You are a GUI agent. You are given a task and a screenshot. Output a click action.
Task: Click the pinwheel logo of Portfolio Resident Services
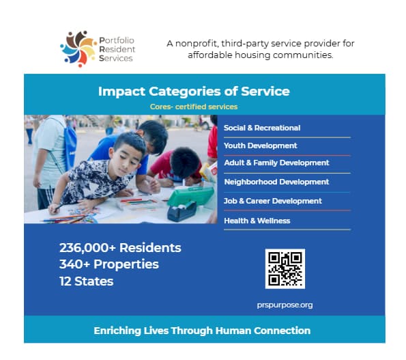[x=78, y=49]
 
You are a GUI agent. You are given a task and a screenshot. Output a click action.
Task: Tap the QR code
[x=285, y=268]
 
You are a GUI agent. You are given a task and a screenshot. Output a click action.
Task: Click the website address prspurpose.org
[x=285, y=305]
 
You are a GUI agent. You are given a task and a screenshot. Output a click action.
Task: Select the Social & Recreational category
[x=262, y=128]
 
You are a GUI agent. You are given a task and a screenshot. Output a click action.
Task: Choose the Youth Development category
[x=260, y=146]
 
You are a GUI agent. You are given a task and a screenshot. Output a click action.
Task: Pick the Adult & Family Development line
[x=276, y=163]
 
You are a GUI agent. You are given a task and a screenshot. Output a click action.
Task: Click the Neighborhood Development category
[x=276, y=182]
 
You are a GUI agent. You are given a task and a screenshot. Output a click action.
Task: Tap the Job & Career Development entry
[x=273, y=201]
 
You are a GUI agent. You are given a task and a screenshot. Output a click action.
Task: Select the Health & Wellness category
[x=257, y=221]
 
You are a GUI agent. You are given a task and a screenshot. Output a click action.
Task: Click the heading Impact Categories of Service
[x=194, y=92]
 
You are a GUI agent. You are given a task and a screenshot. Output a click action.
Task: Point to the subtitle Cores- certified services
[x=194, y=107]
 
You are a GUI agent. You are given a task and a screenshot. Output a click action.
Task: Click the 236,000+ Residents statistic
[x=120, y=248]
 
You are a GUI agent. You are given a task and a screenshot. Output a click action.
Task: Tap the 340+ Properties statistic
[x=109, y=264]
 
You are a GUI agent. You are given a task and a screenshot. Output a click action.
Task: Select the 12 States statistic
[x=86, y=281]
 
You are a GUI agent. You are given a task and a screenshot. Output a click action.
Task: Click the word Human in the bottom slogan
[x=233, y=331]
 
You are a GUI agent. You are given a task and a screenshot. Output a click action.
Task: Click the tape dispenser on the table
[x=182, y=211]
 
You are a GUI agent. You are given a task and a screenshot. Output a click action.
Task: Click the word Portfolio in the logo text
[x=117, y=40]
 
